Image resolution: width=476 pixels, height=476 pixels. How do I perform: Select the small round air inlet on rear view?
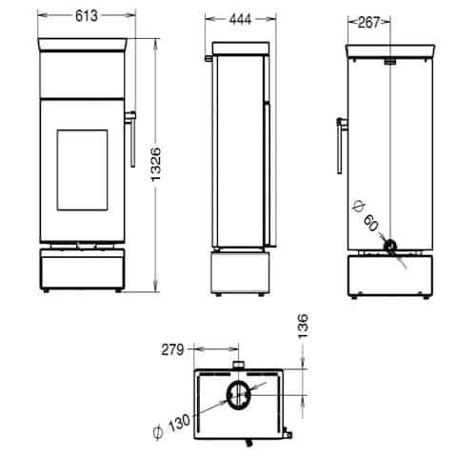390,247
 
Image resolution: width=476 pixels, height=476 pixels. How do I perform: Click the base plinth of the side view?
238,272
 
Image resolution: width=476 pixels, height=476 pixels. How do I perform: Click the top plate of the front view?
83,43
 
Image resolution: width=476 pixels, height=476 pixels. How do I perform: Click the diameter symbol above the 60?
357,205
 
